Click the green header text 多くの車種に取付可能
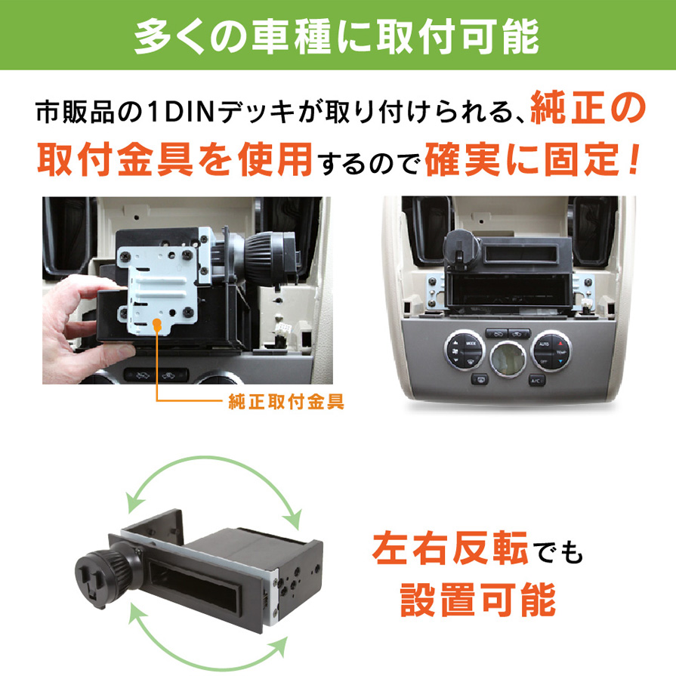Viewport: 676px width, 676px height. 337,38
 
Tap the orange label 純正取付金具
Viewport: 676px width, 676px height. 286,402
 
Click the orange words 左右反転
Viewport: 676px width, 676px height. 450,548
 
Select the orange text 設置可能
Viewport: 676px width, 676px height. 478,600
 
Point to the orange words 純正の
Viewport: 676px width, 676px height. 588,109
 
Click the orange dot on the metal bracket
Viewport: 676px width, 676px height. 157,326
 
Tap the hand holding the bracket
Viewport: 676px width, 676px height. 78,319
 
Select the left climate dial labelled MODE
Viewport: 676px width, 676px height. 464,350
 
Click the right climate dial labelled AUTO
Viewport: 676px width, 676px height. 552,350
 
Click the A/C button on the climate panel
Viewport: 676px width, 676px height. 537,380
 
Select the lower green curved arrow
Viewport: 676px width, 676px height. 208,647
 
